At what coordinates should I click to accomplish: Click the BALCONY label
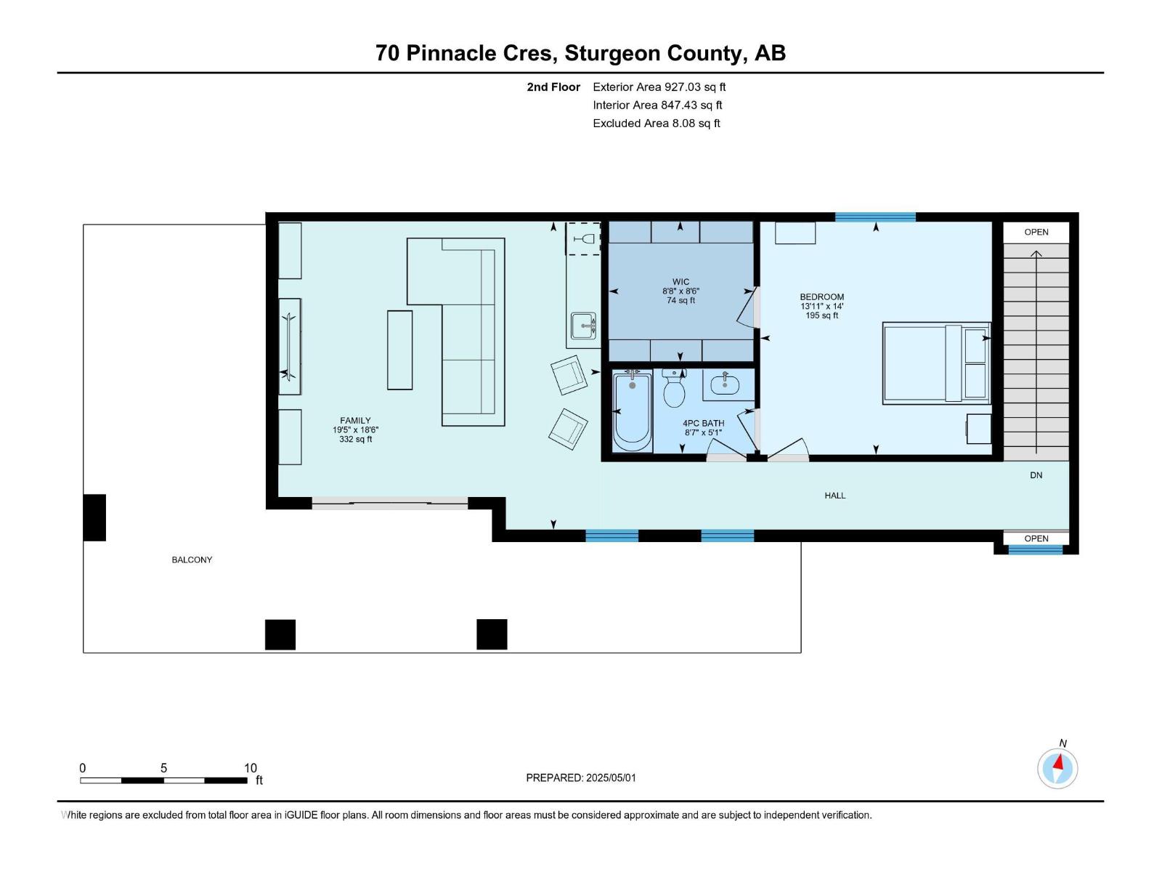[192, 560]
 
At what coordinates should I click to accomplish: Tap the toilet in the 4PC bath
[673, 388]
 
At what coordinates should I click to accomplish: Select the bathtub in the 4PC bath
[632, 412]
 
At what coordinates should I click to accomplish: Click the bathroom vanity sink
[725, 384]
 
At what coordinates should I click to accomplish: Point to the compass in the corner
[1057, 768]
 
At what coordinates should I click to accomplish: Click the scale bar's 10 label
[251, 767]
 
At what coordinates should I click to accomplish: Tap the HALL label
[835, 496]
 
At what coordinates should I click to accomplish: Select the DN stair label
[1036, 475]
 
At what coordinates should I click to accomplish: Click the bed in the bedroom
[936, 364]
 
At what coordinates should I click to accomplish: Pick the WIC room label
[680, 282]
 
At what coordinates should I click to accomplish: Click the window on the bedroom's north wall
[875, 217]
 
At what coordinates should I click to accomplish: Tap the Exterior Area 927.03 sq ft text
[659, 86]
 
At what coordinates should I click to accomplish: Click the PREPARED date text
[581, 778]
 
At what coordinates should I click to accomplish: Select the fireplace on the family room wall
[290, 347]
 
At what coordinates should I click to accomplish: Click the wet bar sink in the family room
[583, 326]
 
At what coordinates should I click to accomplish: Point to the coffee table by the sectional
[399, 350]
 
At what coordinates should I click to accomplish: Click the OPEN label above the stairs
[1036, 232]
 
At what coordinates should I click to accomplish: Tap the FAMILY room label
[355, 421]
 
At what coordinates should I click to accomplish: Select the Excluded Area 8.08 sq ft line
[657, 124]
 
